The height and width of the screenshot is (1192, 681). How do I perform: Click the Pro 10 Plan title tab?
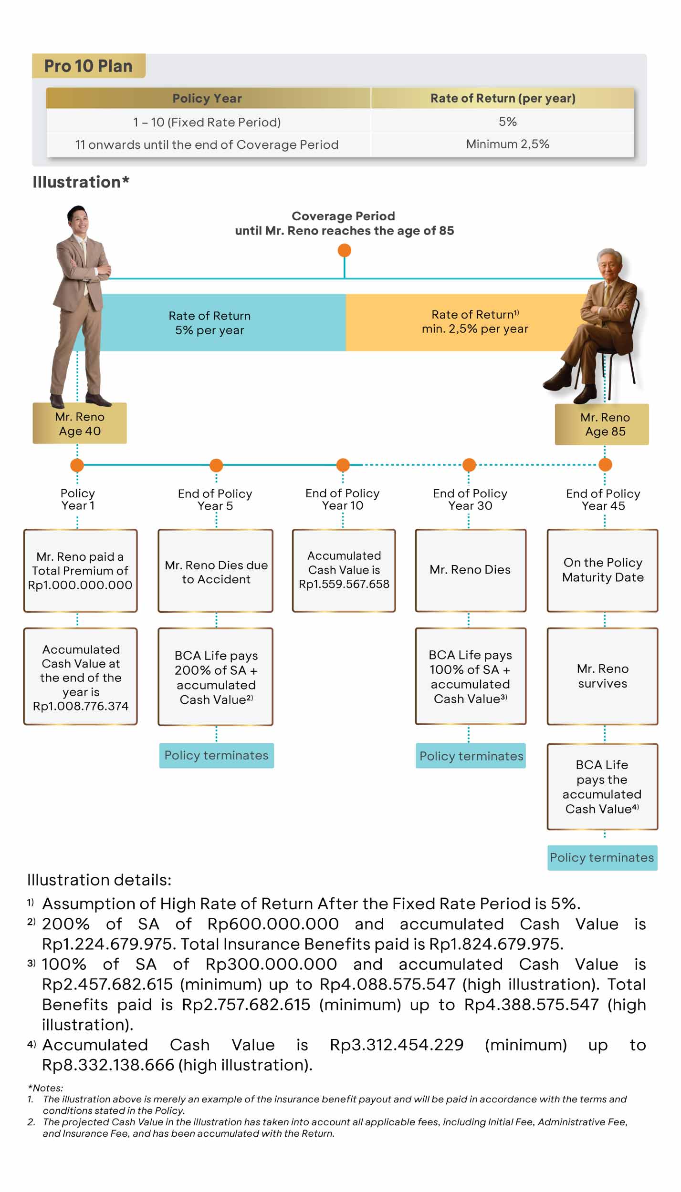[x=88, y=66]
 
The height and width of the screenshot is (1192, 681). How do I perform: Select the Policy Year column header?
[x=207, y=98]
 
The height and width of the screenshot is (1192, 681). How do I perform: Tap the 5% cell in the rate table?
[x=507, y=122]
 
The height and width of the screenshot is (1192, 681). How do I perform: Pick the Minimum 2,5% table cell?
[x=507, y=144]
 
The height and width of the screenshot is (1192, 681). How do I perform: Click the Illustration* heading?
[x=81, y=182]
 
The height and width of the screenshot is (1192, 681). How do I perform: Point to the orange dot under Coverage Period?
[x=344, y=250]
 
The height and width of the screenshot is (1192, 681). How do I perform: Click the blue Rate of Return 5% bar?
[x=210, y=323]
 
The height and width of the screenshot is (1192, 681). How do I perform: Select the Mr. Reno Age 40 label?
[x=80, y=423]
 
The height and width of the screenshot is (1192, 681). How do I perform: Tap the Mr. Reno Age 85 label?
[x=605, y=424]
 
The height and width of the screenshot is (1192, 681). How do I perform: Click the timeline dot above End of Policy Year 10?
[x=343, y=465]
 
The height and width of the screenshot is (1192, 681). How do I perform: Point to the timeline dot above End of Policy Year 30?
[x=469, y=465]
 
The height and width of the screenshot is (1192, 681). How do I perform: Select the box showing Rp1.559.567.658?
[x=344, y=570]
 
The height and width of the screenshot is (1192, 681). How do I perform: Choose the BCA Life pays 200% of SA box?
[x=216, y=677]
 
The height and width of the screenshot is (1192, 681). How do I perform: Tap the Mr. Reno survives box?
[x=602, y=676]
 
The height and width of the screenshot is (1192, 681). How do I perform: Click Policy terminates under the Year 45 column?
[x=602, y=857]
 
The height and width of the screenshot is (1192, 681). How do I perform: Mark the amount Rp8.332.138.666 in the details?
[x=108, y=1065]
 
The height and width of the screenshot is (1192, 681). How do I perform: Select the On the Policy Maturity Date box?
[x=602, y=570]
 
